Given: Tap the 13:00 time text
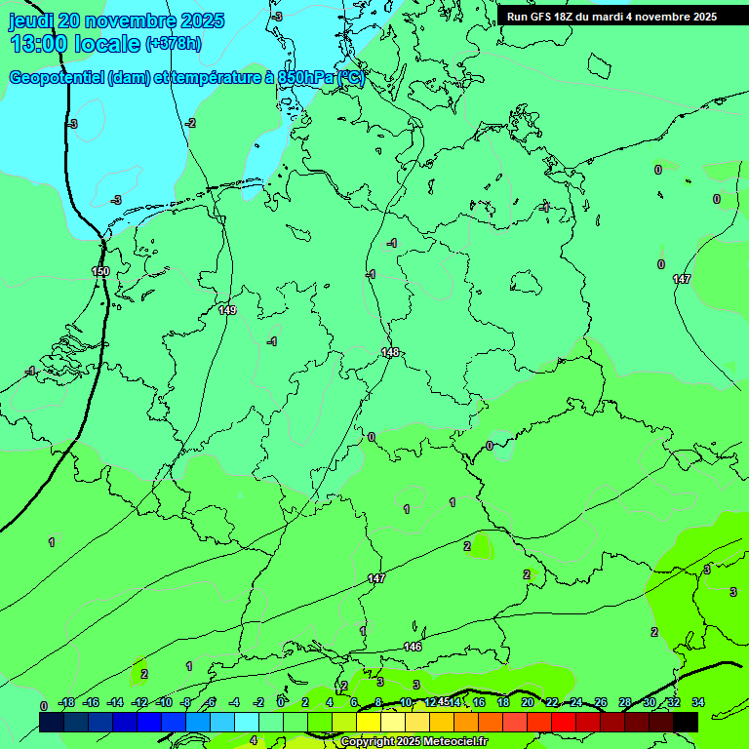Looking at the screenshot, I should click(39, 44).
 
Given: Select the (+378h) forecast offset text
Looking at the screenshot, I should click(173, 44).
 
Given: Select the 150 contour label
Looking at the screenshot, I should click(100, 271).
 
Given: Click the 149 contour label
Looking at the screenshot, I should click(227, 310).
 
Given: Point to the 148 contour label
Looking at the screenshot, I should click(390, 352).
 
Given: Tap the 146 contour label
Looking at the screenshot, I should click(413, 647).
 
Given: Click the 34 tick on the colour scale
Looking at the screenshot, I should click(698, 703).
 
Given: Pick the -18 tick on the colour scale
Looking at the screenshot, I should click(67, 703).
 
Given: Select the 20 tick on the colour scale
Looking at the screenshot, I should click(528, 703).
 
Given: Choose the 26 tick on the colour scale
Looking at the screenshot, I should click(601, 703).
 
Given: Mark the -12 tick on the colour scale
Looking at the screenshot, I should click(139, 703).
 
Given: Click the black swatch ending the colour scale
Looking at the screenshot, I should click(686, 722).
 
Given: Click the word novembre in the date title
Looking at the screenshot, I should click(130, 20).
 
